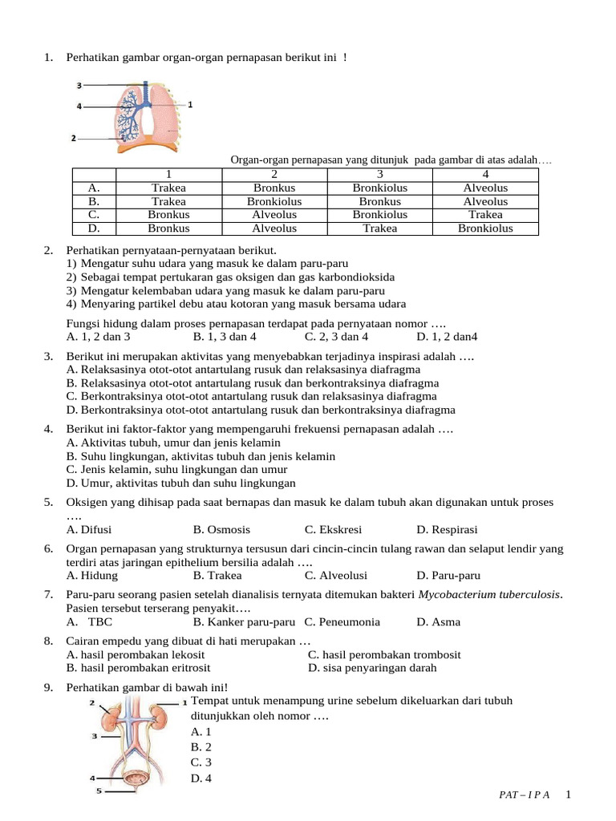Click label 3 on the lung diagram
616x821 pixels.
tap(79, 85)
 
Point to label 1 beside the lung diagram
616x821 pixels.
tap(190, 104)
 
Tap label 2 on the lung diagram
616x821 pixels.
tap(73, 138)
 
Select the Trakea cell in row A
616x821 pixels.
tap(168, 188)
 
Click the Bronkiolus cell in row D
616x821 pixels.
tap(484, 229)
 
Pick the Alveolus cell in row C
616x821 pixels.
tap(274, 215)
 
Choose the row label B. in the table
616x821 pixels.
tap(94, 202)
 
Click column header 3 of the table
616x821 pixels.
tap(380, 175)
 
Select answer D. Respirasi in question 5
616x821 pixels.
tap(447, 530)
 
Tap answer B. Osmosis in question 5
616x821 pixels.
tap(221, 530)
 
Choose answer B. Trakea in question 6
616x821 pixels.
tap(217, 576)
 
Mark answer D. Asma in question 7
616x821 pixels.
tap(438, 621)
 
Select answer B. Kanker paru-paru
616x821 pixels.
tap(245, 621)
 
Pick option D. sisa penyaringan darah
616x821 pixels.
tap(372, 668)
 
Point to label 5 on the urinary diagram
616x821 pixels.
tap(99, 791)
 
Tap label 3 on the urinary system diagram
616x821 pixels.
tap(95, 735)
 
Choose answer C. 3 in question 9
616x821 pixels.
tap(201, 762)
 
